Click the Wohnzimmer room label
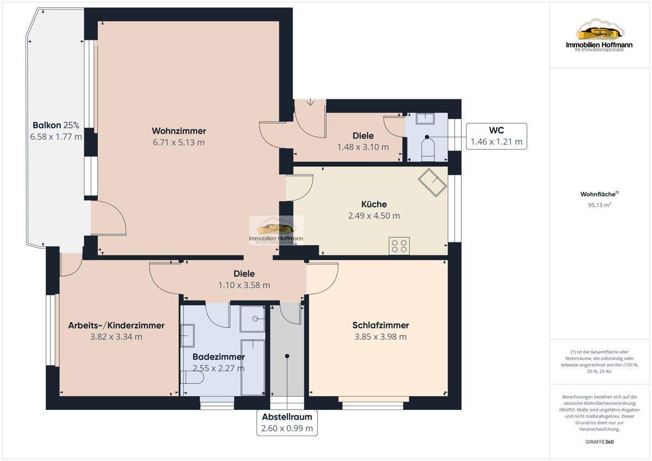[x=179, y=131]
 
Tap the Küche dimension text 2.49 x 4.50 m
[x=374, y=216]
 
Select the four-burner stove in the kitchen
[x=399, y=246]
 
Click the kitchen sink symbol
[x=432, y=182]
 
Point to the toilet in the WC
[x=428, y=149]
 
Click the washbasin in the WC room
[x=425, y=119]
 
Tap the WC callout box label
[x=497, y=130]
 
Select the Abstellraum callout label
[x=287, y=417]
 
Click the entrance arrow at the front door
[x=311, y=102]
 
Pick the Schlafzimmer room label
[x=380, y=325]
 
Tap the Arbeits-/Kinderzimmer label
[x=116, y=325]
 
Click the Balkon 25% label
[x=56, y=125]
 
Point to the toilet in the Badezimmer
[x=192, y=377]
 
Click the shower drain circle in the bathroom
[x=255, y=319]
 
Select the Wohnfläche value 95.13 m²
[x=599, y=205]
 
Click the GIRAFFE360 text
[x=599, y=442]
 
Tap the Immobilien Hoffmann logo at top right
[x=599, y=35]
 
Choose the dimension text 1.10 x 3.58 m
[x=244, y=285]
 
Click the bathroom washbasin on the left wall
[x=187, y=335]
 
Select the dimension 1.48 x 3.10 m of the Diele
[x=363, y=147]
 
